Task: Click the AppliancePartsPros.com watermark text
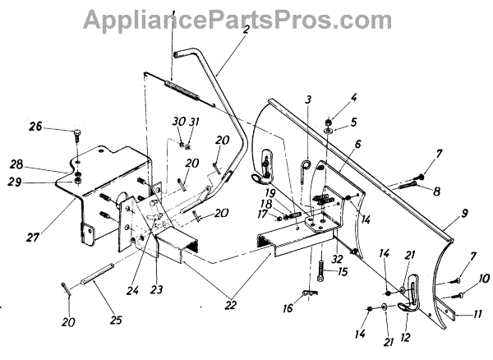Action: click(x=246, y=17)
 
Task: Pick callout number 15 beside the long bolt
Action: click(x=343, y=271)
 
